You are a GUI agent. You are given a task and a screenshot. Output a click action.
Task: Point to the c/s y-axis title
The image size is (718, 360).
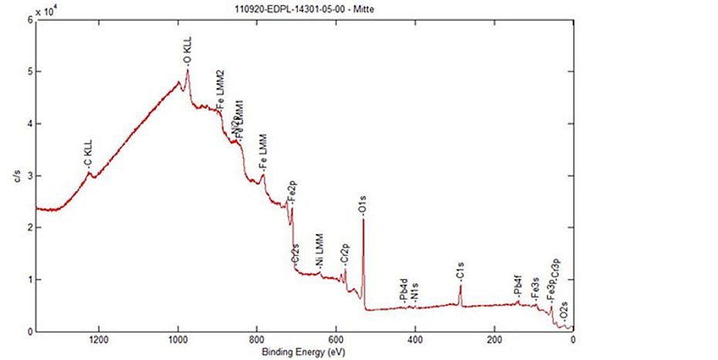pos(15,176)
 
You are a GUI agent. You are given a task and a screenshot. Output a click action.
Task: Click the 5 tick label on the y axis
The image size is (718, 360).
pos(29,72)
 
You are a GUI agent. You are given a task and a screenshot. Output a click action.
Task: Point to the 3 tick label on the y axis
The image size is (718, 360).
pos(29,176)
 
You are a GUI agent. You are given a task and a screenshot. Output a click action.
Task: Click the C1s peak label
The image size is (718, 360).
pos(460,271)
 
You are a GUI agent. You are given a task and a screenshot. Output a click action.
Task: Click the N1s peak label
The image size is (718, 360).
pos(416,294)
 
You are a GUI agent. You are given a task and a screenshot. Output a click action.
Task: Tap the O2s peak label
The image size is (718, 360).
pos(565,312)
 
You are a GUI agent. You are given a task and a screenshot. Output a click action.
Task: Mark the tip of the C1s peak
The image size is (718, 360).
pos(460,285)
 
